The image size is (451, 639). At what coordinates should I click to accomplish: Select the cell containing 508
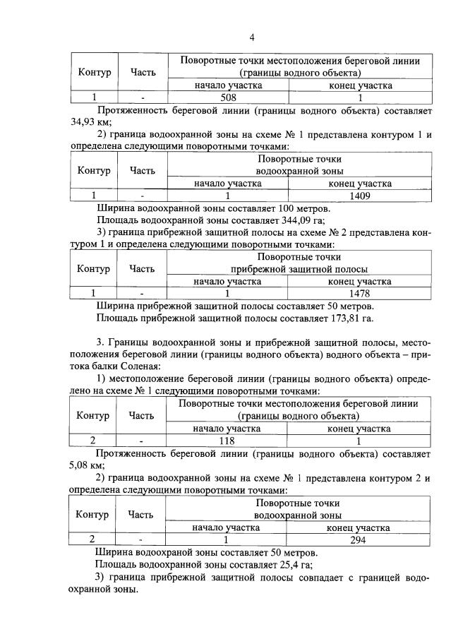click(x=228, y=98)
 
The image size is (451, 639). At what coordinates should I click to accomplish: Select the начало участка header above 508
click(x=228, y=85)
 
